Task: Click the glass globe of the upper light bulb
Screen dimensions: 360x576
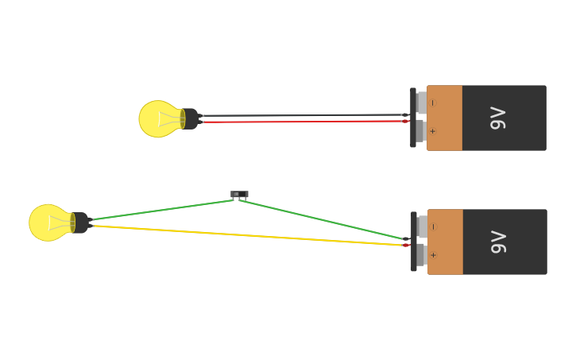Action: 157,119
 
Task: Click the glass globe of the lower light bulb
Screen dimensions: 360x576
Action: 48,223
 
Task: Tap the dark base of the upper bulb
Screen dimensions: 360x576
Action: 191,119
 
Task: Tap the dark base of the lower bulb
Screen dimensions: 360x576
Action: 81,223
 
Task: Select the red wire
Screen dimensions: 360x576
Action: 302,122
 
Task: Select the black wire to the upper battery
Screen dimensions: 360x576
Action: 302,115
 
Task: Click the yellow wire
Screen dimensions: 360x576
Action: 246,235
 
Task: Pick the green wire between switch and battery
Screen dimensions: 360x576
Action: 322,219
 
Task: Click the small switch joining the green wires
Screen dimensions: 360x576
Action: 239,194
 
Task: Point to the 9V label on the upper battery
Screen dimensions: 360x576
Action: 498,118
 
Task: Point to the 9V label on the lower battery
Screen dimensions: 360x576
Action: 498,242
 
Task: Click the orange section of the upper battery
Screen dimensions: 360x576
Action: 445,118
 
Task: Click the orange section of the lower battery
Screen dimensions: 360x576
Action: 446,242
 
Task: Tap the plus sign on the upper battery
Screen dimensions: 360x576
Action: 432,131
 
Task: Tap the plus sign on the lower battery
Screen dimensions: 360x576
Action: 433,255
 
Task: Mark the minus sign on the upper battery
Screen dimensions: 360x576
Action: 432,103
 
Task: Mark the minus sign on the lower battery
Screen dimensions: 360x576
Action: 433,226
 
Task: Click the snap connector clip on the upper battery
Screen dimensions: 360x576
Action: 413,118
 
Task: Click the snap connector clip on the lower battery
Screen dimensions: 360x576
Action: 414,242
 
